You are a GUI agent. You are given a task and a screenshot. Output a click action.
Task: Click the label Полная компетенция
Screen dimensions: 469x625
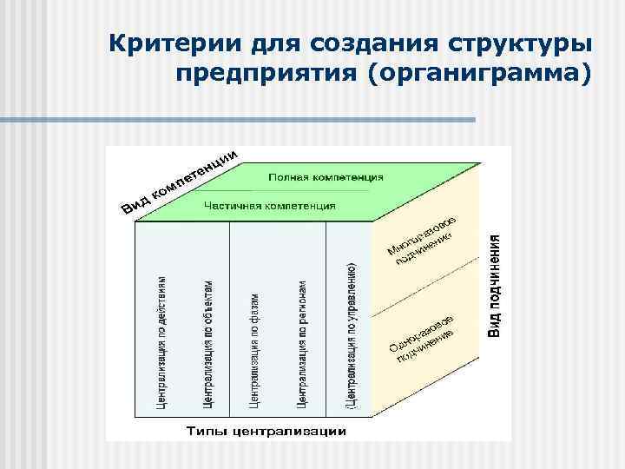tap(326, 176)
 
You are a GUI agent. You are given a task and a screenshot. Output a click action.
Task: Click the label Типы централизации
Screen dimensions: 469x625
tap(266, 431)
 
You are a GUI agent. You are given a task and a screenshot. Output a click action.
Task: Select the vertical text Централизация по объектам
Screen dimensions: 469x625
tap(207, 342)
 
